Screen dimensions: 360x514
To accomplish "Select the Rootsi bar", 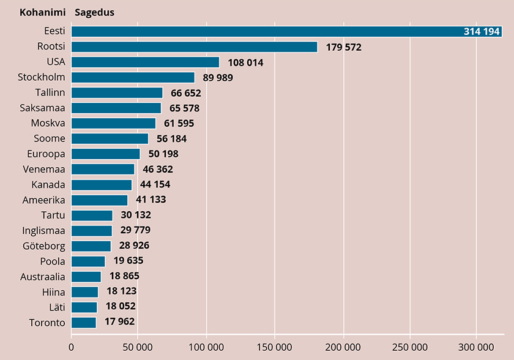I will point(195,47).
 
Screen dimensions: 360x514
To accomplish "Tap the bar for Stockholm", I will point(133,78).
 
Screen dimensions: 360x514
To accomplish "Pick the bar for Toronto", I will point(84,323).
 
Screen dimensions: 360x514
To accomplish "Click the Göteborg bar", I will point(91,246).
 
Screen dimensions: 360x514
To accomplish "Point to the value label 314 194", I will point(482,32).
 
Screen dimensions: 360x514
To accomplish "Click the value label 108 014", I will point(245,62).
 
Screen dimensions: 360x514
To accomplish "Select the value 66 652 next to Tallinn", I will point(185,93).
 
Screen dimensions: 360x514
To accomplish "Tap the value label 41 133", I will point(150,200).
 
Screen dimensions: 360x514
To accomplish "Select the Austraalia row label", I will point(42,277).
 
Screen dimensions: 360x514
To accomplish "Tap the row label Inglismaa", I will point(43,231).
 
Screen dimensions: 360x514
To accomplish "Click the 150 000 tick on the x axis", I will point(274,347).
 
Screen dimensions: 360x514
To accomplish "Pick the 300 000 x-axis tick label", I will point(477,347).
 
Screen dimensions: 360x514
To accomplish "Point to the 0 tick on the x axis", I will point(72,347).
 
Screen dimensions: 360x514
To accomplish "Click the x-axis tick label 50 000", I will point(139,347).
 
